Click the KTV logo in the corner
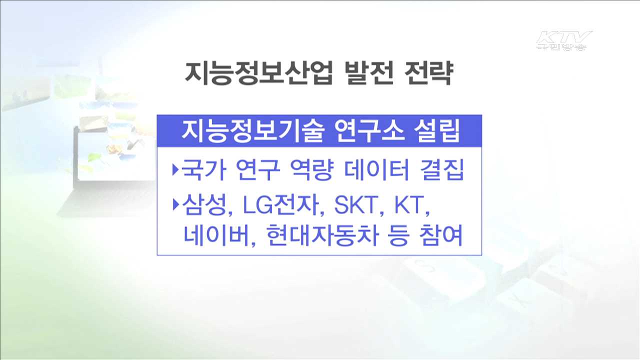[563, 40]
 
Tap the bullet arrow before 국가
[175, 170]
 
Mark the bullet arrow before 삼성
[175, 204]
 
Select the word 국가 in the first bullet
[196, 170]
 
